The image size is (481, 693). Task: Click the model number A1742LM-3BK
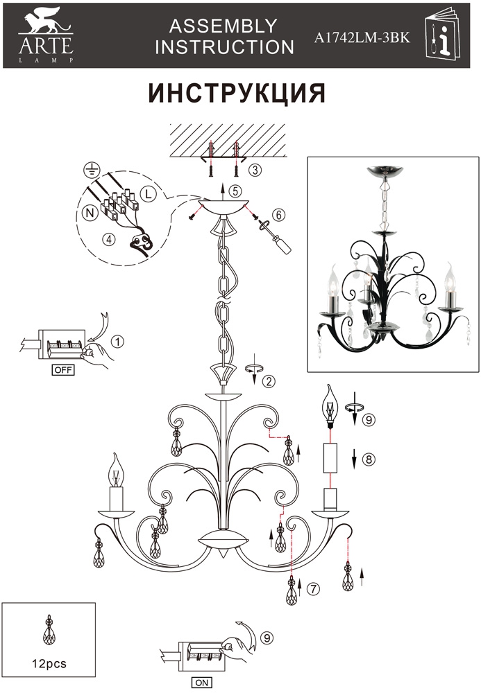click(362, 38)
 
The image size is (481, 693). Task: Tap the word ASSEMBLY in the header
click(223, 26)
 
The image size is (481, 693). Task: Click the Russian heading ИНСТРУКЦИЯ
click(237, 92)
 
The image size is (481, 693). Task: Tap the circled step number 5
click(235, 191)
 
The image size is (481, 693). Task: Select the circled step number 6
click(278, 215)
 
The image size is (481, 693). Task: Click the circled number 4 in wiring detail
click(108, 239)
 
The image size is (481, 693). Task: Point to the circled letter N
click(90, 213)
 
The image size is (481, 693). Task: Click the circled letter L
click(148, 193)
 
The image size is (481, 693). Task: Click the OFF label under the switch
click(63, 370)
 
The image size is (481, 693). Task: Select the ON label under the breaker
click(201, 683)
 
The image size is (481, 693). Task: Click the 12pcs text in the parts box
click(49, 663)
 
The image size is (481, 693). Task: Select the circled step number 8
click(368, 459)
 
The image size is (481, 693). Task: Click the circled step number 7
click(313, 588)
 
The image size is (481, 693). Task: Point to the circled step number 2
click(269, 381)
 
